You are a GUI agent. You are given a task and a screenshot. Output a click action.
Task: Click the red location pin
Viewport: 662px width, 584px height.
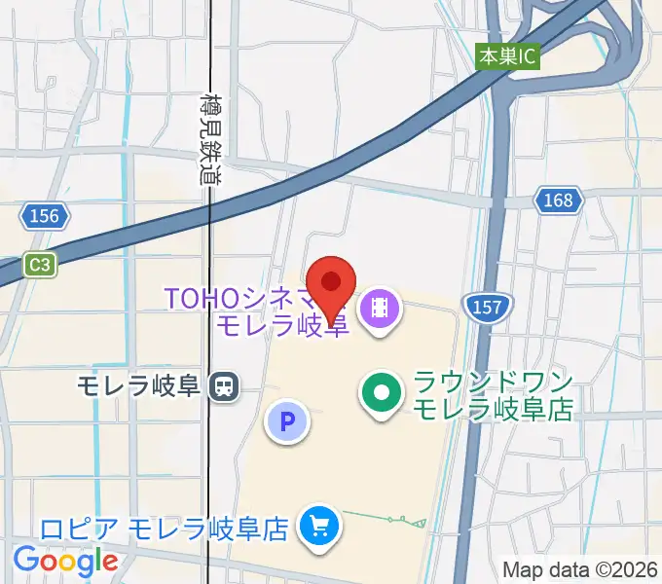pos(331,285)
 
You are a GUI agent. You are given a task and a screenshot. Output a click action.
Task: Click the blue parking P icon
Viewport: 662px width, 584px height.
pos(287,421)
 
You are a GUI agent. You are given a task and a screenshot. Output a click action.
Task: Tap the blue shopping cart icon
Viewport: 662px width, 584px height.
pos(318,527)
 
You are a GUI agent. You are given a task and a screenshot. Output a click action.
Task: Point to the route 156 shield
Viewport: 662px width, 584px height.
pos(45,216)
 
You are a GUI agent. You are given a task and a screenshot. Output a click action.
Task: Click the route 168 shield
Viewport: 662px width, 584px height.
pos(558,201)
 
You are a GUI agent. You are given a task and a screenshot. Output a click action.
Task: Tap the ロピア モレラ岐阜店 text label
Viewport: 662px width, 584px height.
pos(165,529)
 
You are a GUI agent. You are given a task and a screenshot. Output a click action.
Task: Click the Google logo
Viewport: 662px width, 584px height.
pos(65,561)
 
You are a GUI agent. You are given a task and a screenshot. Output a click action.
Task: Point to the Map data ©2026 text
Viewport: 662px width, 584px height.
pos(578,570)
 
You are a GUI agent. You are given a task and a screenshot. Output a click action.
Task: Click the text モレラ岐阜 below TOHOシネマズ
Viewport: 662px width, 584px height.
pos(282,325)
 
